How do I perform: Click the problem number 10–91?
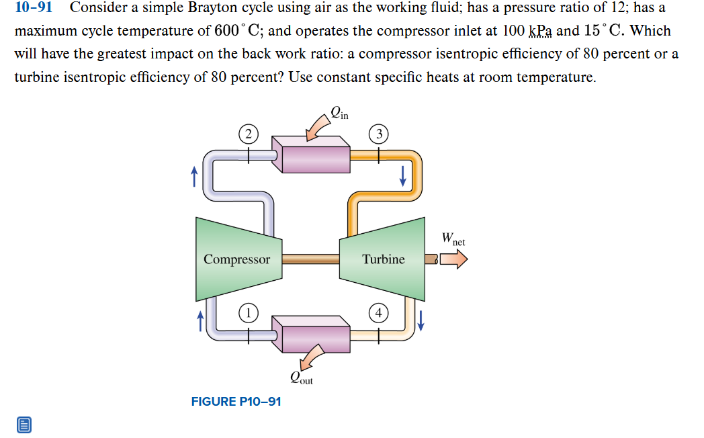pyautogui.click(x=33, y=9)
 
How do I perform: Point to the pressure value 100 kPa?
pyautogui.click(x=527, y=32)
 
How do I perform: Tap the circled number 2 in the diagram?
pyautogui.click(x=248, y=134)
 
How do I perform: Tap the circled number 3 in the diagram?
pyautogui.click(x=379, y=134)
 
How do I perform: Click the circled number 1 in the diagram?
pyautogui.click(x=249, y=312)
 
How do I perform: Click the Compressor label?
pyautogui.click(x=236, y=259)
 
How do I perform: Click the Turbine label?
pyautogui.click(x=384, y=259)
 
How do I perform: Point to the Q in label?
pyautogui.click(x=339, y=113)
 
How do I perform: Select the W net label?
pyautogui.click(x=453, y=238)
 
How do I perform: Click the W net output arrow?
pyautogui.click(x=453, y=259)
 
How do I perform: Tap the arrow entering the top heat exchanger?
pyautogui.click(x=314, y=130)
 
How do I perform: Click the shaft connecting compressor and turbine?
pyautogui.click(x=310, y=259)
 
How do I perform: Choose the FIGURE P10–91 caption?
pyautogui.click(x=236, y=402)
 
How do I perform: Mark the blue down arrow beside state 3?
pyautogui.click(x=402, y=175)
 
